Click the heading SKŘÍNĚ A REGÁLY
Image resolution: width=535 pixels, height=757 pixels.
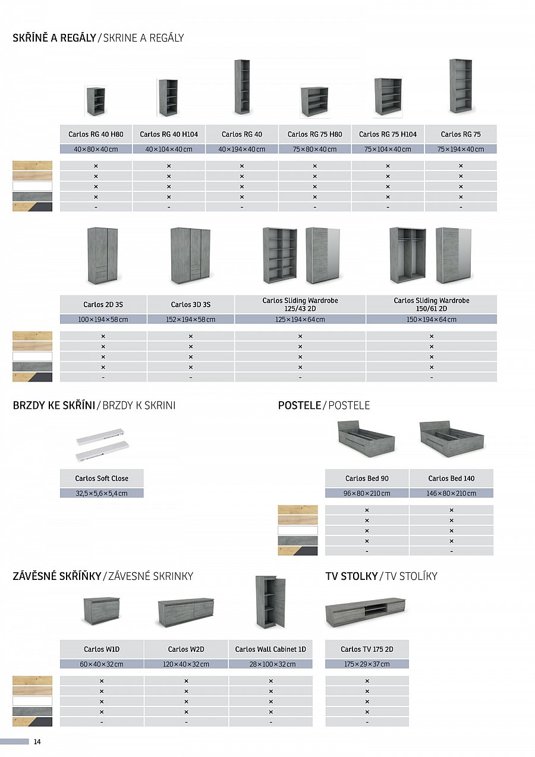(x=54, y=38)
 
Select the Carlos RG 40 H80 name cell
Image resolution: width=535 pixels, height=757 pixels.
(x=96, y=134)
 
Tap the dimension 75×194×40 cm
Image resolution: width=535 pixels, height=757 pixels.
(x=461, y=149)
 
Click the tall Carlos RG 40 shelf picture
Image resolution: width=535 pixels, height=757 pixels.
(x=242, y=87)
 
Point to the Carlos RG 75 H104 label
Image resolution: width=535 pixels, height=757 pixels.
(x=388, y=134)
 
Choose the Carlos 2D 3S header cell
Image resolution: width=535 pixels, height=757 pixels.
(x=103, y=304)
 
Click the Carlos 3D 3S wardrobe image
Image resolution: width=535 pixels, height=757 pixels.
(x=190, y=256)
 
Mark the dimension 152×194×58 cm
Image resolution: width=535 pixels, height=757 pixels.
(x=190, y=319)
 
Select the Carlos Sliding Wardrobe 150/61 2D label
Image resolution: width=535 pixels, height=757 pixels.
(x=431, y=304)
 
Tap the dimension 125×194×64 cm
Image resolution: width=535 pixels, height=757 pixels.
(x=300, y=319)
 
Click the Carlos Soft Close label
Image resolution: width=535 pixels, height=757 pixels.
(x=102, y=478)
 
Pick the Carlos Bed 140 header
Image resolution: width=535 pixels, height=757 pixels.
(x=451, y=478)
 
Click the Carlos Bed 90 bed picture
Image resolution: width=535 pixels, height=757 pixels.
(x=366, y=439)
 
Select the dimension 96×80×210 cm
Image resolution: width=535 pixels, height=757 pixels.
(x=367, y=493)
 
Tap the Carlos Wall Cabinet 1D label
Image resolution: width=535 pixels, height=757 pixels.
(x=270, y=649)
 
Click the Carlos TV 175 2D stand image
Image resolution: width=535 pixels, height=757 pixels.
(x=365, y=612)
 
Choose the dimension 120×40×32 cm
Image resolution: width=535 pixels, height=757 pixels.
(x=186, y=664)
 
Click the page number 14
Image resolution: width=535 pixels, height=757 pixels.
(x=37, y=742)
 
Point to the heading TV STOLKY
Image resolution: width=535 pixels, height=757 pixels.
(x=351, y=576)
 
